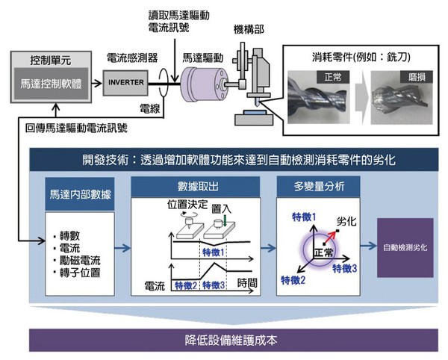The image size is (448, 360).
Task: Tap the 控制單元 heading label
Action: click(x=52, y=58)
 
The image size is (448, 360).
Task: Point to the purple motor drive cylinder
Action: click(x=201, y=81)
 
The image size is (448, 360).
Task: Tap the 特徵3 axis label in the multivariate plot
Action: click(x=347, y=267)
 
